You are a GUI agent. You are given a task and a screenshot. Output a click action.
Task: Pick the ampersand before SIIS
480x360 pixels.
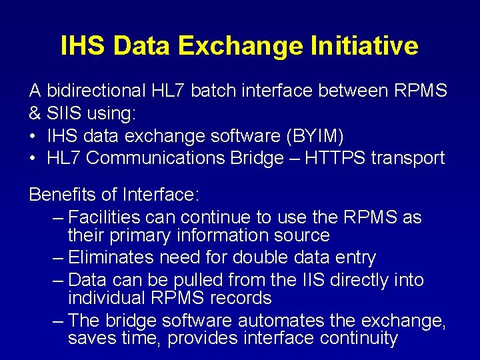pos(35,113)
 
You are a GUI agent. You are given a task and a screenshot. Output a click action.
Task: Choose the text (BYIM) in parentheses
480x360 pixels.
pos(315,136)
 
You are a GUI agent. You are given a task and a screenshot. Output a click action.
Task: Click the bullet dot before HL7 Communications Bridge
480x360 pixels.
pos(33,159)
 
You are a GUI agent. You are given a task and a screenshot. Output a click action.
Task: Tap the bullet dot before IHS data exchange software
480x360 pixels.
pos(33,136)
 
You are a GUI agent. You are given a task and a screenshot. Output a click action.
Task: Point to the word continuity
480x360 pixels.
pos(355,339)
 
